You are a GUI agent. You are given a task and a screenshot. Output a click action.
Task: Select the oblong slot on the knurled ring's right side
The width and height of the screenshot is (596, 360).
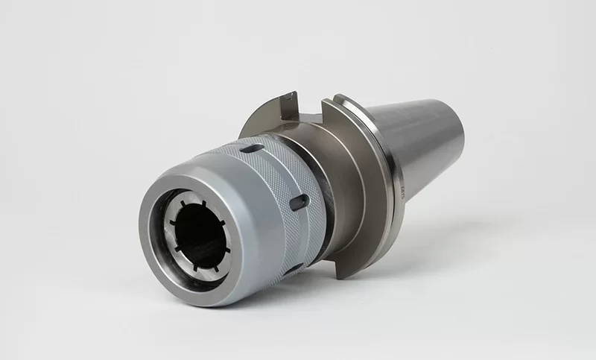tap(299, 202)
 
